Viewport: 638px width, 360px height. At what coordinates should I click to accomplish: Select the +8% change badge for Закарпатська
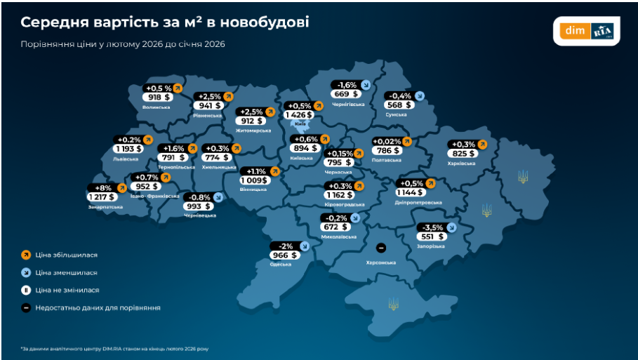(x=101, y=187)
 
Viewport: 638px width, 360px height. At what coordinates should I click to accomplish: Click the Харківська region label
(x=461, y=163)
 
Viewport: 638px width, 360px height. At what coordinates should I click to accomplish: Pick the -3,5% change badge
(x=430, y=227)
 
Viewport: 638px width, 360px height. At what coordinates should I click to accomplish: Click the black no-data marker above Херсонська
(x=380, y=248)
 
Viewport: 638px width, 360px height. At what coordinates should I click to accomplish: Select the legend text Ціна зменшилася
(x=67, y=272)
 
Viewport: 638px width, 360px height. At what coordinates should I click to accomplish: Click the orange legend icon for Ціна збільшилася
(x=26, y=255)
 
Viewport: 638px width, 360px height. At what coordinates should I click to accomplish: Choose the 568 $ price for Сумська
(x=399, y=105)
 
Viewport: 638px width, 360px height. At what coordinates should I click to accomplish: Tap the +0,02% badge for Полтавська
(x=387, y=140)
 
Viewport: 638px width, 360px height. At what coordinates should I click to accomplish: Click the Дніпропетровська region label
(x=420, y=202)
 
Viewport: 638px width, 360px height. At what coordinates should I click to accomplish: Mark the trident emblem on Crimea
(x=394, y=303)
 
